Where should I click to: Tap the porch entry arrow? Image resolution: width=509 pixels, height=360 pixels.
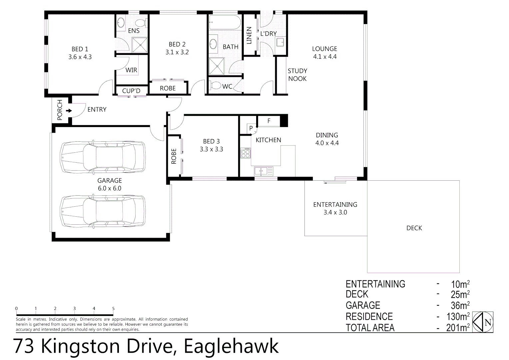click(69, 110)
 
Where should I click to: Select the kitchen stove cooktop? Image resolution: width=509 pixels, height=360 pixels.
click(246, 153)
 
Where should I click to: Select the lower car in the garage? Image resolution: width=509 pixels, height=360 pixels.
click(103, 211)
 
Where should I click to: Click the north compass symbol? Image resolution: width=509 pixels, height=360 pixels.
click(483, 322)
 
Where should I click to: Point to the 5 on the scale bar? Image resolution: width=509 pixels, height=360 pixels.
click(113, 309)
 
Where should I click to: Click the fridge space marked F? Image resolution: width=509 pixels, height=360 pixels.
click(269, 121)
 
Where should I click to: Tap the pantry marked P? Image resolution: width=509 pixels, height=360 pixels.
click(251, 128)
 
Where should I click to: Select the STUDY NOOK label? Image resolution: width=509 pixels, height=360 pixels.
click(297, 75)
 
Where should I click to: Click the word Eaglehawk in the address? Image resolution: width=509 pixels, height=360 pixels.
click(231, 346)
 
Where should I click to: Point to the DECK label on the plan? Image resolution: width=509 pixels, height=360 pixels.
click(414, 228)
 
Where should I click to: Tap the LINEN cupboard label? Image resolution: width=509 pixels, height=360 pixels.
click(249, 36)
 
